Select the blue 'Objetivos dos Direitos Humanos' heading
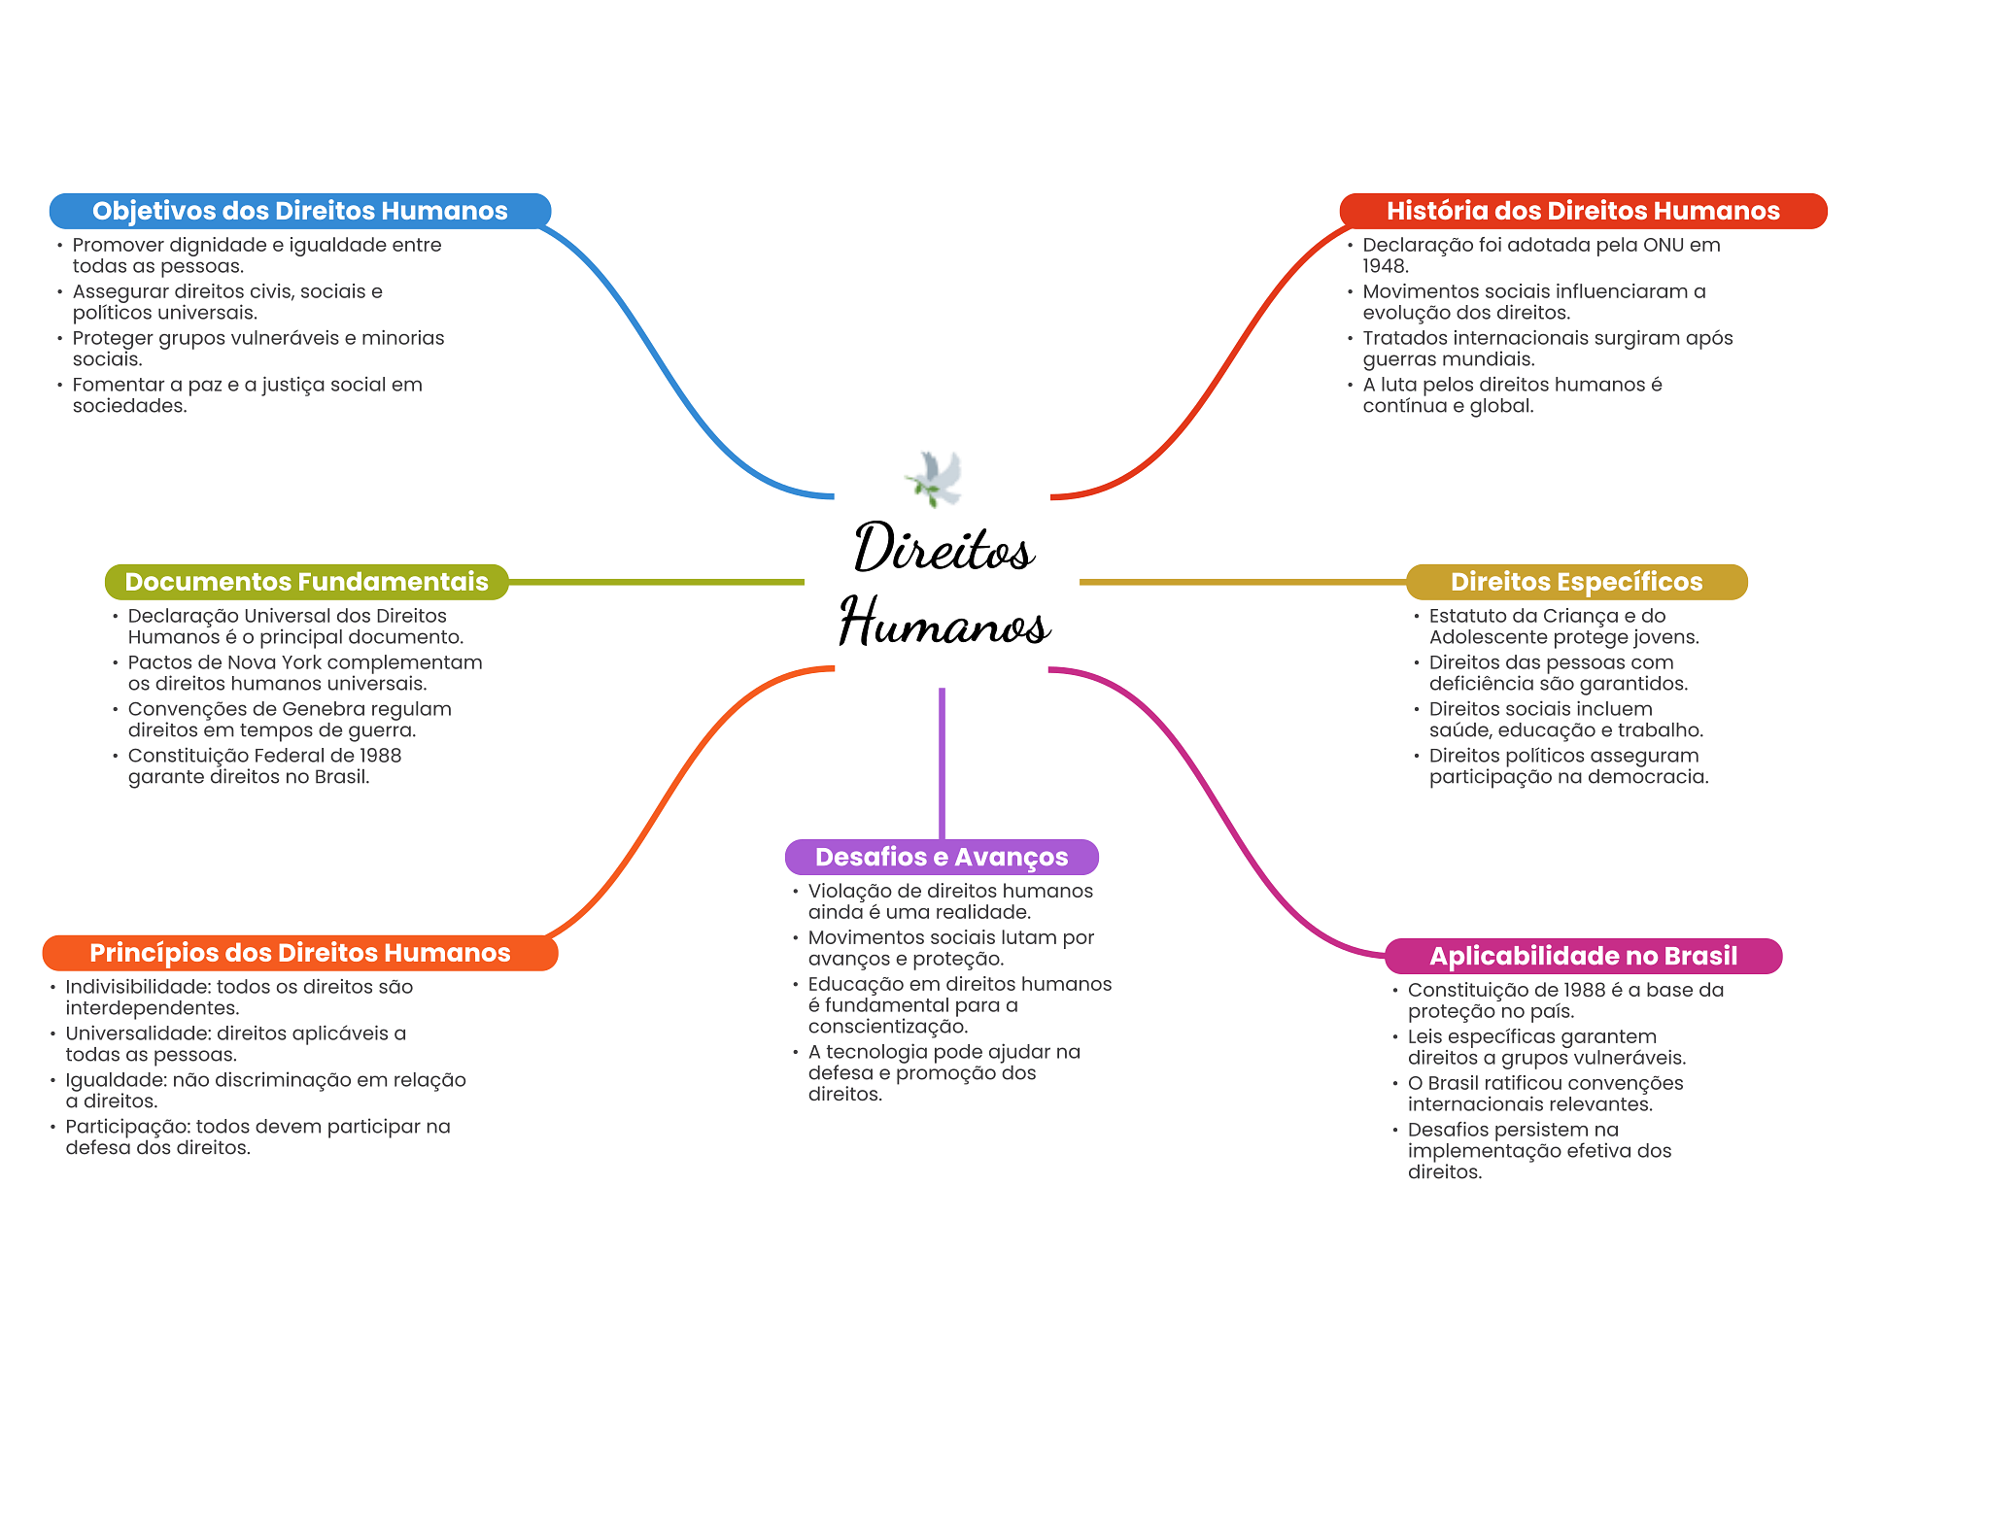pos(299,211)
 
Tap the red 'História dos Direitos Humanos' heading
pos(1582,211)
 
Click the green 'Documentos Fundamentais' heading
pos(306,582)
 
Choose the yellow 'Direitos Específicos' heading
pos(1576,582)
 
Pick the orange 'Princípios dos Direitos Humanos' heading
pos(299,953)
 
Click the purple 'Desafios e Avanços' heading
pos(941,857)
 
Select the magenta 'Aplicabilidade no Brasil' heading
pos(1583,956)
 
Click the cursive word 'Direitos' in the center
pos(944,548)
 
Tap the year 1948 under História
pos(1384,266)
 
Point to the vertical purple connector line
pos(942,762)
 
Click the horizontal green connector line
pos(656,582)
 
